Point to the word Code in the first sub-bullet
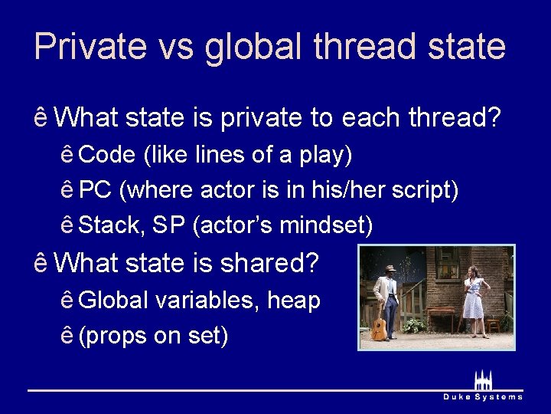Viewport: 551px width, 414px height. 107,156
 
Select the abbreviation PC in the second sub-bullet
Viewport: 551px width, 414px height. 95,190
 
